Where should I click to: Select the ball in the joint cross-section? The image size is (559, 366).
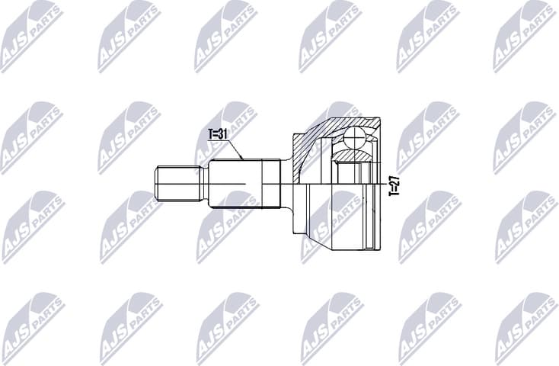click(x=355, y=139)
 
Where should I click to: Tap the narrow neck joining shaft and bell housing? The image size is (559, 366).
click(x=286, y=183)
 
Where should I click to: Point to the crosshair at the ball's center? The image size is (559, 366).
click(x=355, y=139)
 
